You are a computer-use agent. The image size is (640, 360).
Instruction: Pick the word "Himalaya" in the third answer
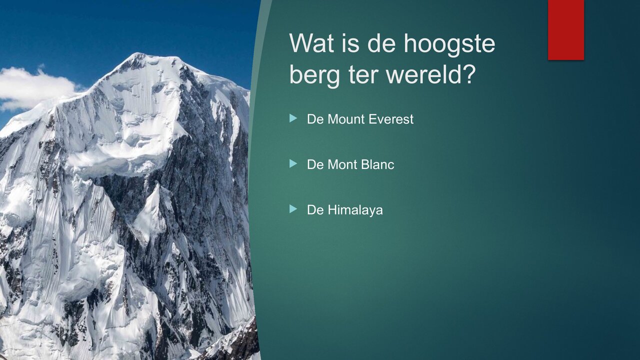pos(355,210)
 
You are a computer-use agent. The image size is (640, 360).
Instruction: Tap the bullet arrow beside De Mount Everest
pos(293,118)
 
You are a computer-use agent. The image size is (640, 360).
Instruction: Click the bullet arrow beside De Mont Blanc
pos(293,163)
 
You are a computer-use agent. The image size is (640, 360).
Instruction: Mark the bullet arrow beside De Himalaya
pos(293,209)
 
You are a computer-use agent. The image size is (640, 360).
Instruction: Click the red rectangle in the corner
pos(565,29)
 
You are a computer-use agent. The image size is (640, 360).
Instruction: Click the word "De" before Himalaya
pos(315,210)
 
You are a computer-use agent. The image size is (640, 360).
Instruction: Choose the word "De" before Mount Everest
pos(315,119)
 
